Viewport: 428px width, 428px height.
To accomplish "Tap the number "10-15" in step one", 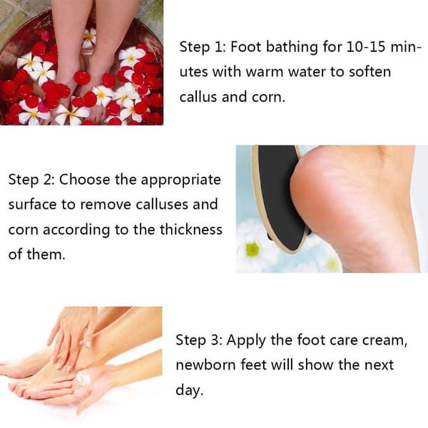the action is (366, 46).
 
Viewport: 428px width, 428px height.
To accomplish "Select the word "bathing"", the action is (292, 47).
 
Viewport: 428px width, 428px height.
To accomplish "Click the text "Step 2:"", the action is (31, 180).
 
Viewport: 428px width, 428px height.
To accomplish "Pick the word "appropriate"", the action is (180, 180).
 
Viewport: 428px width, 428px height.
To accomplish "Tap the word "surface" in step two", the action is (32, 205).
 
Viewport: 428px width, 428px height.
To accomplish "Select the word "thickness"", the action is (191, 229).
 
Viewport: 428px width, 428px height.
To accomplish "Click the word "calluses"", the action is (162, 205).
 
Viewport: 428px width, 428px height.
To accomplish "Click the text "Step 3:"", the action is (199, 340).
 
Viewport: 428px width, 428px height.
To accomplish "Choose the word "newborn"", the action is (205, 365).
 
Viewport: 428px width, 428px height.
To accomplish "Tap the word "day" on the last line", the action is (190, 390).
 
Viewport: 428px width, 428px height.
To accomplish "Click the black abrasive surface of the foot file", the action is (280, 197).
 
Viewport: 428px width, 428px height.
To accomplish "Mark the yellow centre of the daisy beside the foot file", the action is (253, 249).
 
